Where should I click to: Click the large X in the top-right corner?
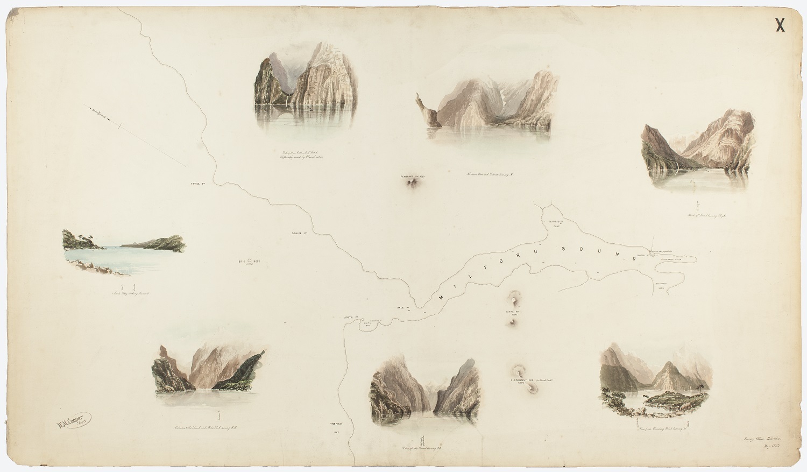[780, 25]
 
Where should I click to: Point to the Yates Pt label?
[199, 184]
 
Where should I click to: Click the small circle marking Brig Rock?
[250, 260]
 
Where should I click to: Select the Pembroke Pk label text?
[413, 177]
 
